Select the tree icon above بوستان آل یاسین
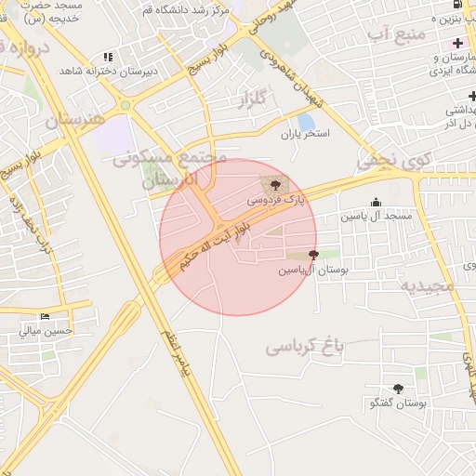click(x=312, y=255)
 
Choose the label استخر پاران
click(x=306, y=136)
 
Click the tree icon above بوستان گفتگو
click(x=399, y=390)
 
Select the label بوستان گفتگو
click(x=397, y=403)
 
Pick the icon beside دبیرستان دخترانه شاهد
click(x=108, y=58)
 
